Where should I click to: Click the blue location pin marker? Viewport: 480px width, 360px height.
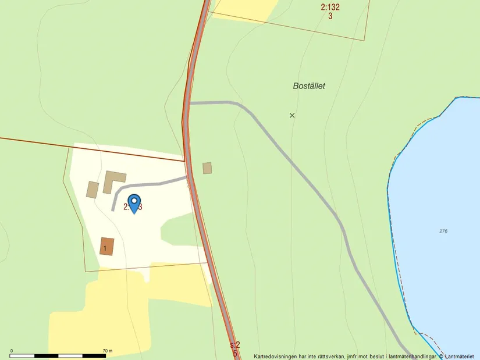click(134, 203)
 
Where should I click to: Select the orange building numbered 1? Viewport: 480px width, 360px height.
click(107, 246)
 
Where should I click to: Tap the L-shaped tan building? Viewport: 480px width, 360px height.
click(113, 179)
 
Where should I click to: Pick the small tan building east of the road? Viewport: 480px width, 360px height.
click(207, 168)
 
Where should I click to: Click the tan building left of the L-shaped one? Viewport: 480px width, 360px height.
click(93, 190)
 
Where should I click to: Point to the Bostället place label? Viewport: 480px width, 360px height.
click(309, 86)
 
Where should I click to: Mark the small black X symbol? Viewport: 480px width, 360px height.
click(292, 115)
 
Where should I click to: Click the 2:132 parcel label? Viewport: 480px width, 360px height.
click(330, 8)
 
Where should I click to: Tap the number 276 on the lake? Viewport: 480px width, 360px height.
click(443, 231)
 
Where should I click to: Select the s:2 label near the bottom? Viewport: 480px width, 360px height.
click(234, 345)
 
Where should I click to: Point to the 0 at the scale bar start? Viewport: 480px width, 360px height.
click(12, 351)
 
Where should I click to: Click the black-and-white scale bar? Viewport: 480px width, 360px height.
click(58, 355)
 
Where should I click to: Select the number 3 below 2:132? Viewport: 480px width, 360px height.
click(330, 16)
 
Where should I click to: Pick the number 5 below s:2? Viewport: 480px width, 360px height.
click(235, 353)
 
